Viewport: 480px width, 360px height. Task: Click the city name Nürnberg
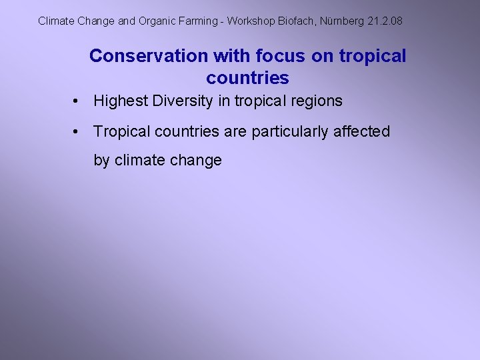point(342,21)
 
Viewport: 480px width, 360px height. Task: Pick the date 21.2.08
point(385,21)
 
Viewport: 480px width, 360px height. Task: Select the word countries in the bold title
point(247,78)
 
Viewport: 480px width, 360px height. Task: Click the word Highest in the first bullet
point(121,101)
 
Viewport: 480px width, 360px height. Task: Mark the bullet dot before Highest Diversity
point(78,101)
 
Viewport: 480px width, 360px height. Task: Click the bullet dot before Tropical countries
point(78,132)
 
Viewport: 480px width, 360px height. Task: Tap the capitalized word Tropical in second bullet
point(122,132)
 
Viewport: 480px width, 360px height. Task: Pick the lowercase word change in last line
point(196,161)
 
